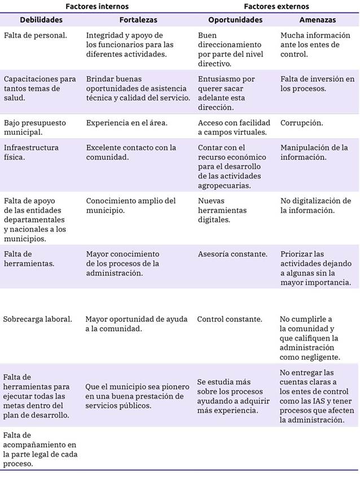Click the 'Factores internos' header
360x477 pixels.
tap(96, 6)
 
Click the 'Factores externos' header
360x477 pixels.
tap(276, 6)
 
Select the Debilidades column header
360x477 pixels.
tap(41, 20)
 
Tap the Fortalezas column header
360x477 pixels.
tap(138, 20)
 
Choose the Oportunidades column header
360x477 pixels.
tap(235, 20)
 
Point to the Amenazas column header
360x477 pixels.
tap(318, 20)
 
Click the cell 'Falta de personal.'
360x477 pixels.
tap(35, 36)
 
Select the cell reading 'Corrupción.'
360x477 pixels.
tap(302, 122)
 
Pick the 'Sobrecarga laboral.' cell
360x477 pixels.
tap(38, 319)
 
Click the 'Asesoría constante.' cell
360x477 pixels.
tap(232, 254)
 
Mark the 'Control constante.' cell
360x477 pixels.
tap(230, 319)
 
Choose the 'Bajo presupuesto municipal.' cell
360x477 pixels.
tap(35, 127)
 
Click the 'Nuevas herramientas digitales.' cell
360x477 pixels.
tap(223, 210)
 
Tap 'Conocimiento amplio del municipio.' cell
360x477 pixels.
tap(131, 206)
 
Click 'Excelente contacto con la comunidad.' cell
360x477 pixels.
tap(131, 152)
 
